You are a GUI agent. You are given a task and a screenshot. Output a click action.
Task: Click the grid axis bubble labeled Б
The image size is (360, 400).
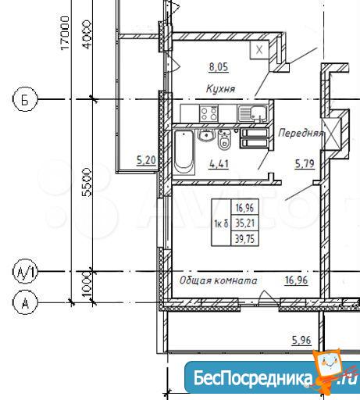(25, 99)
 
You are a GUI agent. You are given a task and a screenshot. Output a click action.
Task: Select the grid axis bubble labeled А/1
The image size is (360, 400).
(25, 272)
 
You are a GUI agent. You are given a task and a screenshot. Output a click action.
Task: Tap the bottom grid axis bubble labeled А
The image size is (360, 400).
(25, 302)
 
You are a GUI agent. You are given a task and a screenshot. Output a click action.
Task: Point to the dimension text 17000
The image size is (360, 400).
(65, 33)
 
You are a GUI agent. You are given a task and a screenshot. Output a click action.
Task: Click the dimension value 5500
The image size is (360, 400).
(87, 182)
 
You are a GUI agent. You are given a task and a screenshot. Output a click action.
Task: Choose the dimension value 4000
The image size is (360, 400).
(87, 34)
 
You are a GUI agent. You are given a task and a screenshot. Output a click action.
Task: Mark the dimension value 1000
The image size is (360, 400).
(87, 284)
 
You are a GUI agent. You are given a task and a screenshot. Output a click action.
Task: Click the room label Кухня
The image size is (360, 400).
(220, 89)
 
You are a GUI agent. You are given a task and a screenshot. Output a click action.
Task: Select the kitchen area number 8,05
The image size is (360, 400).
(219, 67)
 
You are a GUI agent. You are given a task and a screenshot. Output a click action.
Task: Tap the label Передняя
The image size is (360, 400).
(300, 133)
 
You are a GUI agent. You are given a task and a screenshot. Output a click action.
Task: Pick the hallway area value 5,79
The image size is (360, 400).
(305, 164)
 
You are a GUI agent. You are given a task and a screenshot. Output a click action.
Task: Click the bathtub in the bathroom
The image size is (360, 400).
(184, 152)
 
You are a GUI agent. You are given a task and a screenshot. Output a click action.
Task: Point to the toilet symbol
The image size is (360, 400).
(224, 140)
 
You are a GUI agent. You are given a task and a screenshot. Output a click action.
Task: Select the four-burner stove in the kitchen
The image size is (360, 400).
(209, 112)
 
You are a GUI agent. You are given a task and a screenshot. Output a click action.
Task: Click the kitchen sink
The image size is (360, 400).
(252, 113)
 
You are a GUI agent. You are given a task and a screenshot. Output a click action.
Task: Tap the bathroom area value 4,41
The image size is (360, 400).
(219, 164)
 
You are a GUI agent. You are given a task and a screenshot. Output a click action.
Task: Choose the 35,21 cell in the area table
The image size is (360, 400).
(245, 223)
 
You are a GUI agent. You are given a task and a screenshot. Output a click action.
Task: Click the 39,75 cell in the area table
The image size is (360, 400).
(245, 238)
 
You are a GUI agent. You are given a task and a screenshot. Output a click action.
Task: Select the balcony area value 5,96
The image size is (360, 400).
(301, 340)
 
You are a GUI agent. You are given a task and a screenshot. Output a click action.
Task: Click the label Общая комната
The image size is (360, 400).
(218, 280)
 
